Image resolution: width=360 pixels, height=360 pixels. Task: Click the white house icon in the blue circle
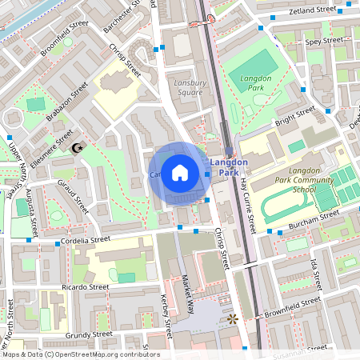click(x=180, y=172)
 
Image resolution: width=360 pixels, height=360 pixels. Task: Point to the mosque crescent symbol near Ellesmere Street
click(x=78, y=148)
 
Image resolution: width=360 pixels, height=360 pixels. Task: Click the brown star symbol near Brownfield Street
click(x=233, y=318)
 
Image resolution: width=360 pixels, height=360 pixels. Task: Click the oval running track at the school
click(x=286, y=208)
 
